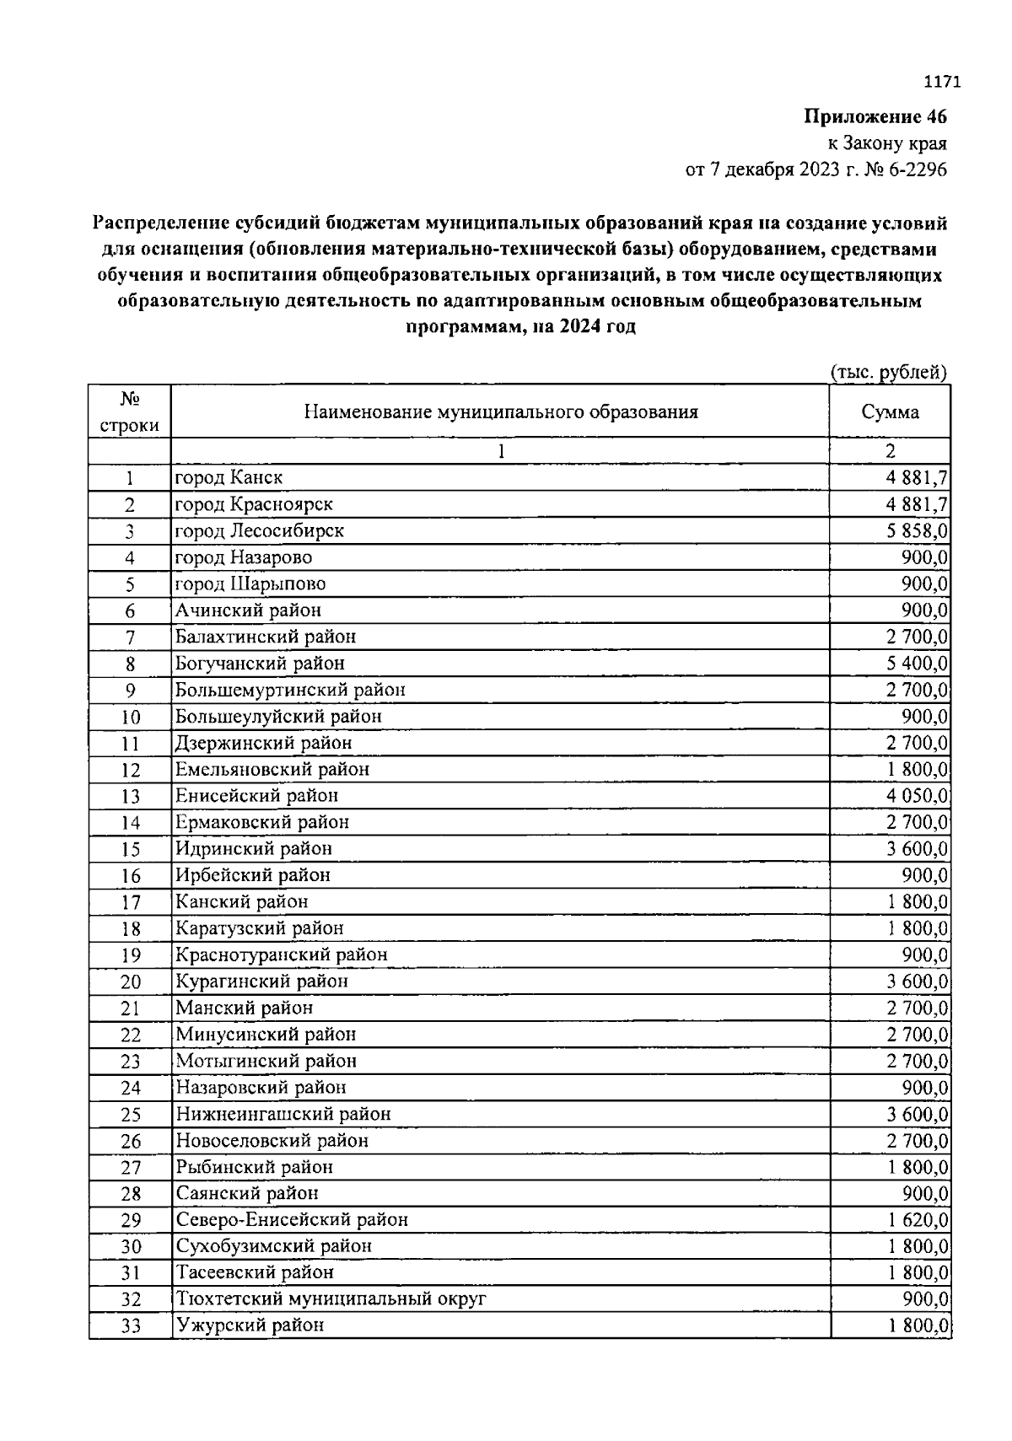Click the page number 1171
coord(942,82)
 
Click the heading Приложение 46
coord(875,116)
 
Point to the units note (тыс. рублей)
coord(888,372)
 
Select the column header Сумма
coord(890,412)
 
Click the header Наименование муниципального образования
coord(500,412)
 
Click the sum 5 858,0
coord(917,530)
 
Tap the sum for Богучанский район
coord(917,663)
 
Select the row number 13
coord(130,796)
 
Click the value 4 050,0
coord(917,795)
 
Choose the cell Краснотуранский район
coord(281,954)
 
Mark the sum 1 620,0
coord(917,1219)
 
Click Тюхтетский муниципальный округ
coord(331,1299)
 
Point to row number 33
coord(130,1326)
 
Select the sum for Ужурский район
coord(917,1325)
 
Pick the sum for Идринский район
coord(917,848)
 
